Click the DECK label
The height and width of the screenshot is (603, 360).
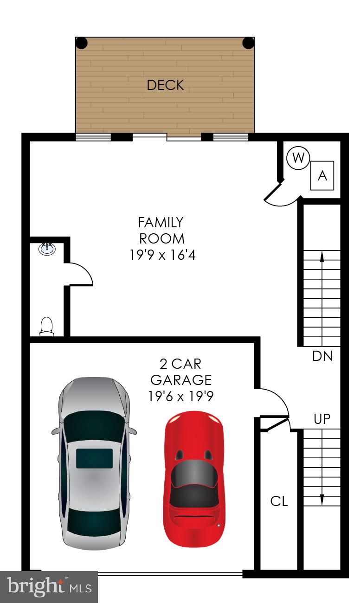[165, 85]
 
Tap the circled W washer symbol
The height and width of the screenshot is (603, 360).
[298, 159]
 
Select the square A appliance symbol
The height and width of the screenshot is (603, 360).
[322, 176]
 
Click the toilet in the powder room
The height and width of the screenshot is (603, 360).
[46, 326]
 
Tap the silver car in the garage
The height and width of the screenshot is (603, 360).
[94, 464]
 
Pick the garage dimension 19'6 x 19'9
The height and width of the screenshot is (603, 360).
[181, 397]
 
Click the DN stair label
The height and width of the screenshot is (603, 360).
[322, 357]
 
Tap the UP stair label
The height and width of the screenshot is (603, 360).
[322, 419]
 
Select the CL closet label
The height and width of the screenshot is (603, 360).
[279, 501]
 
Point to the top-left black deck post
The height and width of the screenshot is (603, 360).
[82, 43]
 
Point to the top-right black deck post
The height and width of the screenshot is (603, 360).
[249, 43]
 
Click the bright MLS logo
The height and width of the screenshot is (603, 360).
[49, 587]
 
